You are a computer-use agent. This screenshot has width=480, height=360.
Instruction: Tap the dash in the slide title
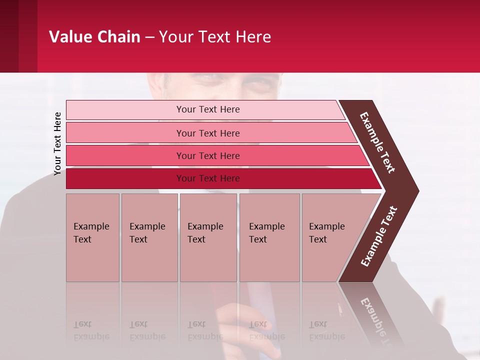click(x=149, y=37)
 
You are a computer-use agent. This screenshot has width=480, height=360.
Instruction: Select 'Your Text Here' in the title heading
click(x=215, y=37)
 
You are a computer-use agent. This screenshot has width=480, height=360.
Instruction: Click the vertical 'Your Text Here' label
click(x=57, y=143)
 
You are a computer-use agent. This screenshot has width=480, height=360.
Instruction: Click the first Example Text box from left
click(x=92, y=237)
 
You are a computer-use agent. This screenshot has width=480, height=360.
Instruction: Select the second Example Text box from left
click(x=149, y=237)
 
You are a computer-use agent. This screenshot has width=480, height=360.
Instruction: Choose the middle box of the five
click(x=208, y=237)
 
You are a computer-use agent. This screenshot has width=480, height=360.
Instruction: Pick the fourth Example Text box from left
click(x=269, y=237)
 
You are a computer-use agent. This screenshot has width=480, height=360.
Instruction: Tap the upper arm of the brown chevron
click(x=378, y=142)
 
